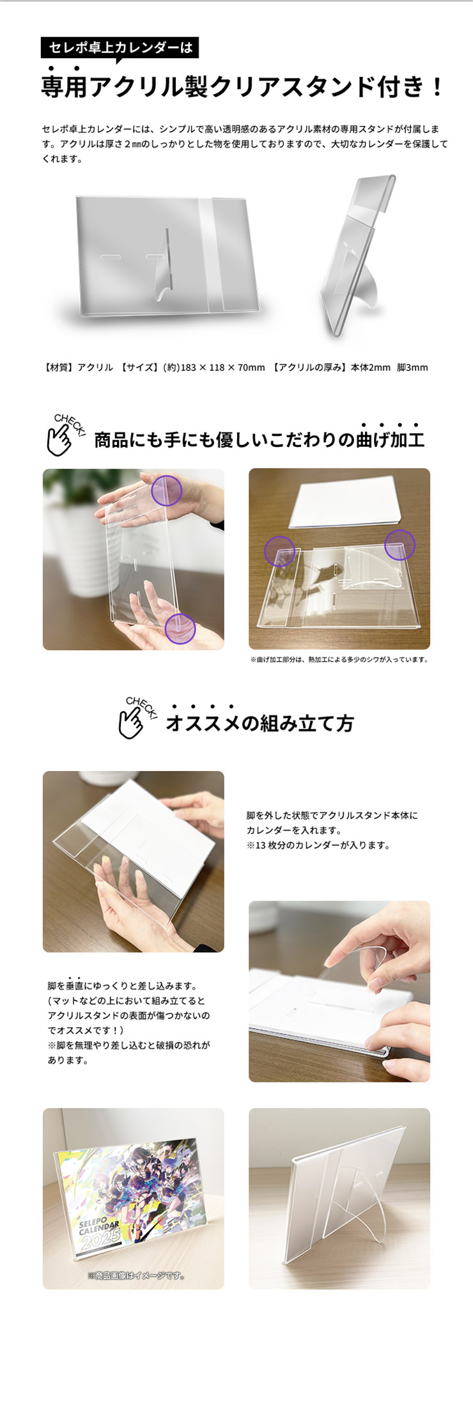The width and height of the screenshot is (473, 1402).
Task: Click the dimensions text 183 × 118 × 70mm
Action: coord(222,367)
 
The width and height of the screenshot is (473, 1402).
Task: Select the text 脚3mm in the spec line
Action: coord(412,367)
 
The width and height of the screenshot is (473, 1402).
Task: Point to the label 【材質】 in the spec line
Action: coord(59,367)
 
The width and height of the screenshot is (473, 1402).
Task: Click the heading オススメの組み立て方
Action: coord(260,723)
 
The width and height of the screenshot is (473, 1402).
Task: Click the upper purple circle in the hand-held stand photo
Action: coord(167,491)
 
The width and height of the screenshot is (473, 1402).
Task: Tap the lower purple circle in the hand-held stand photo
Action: coord(180,628)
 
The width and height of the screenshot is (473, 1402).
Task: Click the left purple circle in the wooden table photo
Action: coord(279,551)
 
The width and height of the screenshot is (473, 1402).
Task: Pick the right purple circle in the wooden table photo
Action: coord(400,545)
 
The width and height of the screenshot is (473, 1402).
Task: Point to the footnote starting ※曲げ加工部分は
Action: coord(339,659)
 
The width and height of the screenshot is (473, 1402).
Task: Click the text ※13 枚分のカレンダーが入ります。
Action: coord(318,845)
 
